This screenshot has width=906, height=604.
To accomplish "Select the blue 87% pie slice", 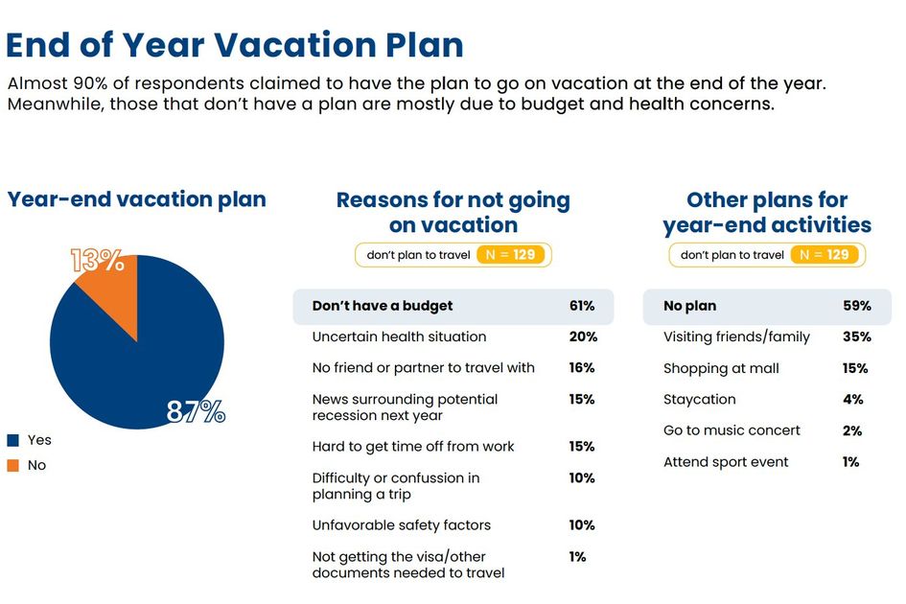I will click(x=144, y=364).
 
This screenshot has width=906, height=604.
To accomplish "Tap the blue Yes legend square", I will click(x=13, y=440).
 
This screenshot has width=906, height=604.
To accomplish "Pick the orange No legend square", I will click(x=13, y=465).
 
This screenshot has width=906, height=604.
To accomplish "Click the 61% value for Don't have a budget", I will click(x=581, y=306).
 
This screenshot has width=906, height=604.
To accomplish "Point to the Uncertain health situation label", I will click(x=399, y=337).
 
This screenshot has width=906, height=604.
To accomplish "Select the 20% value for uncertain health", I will click(x=582, y=337).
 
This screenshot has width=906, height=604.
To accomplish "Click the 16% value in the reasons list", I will click(x=581, y=368).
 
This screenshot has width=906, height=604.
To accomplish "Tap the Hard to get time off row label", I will click(x=413, y=447).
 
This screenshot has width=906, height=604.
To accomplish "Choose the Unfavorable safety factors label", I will click(x=401, y=525).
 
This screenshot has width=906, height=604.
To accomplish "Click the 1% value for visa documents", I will click(x=577, y=556).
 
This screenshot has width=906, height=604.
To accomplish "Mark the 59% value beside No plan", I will click(x=857, y=306).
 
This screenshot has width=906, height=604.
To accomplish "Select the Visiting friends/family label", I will click(x=736, y=337).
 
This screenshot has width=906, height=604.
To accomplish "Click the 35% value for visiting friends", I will click(x=857, y=337).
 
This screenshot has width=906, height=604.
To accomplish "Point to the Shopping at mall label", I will click(x=721, y=368).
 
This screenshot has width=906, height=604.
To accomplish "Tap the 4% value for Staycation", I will click(x=853, y=400).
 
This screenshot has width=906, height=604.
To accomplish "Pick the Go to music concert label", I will click(x=732, y=430).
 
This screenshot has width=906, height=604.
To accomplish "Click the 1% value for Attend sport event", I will click(x=851, y=462).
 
